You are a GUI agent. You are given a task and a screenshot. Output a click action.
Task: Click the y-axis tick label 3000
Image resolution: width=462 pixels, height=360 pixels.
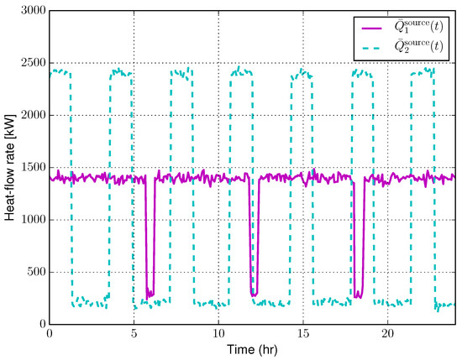tap(30, 11)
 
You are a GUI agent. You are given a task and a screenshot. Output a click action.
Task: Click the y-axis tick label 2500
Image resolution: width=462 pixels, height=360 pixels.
tap(30, 63)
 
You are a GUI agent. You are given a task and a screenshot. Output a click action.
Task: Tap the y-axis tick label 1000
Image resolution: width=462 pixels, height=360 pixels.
tap(30, 220)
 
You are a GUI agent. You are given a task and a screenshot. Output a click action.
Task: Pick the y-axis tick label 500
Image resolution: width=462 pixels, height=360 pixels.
tap(34, 272)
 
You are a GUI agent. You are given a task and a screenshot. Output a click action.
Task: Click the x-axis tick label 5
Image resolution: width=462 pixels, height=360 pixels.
tap(133, 334)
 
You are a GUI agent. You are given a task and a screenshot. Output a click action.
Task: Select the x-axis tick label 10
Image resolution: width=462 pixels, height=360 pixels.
tap(218, 334)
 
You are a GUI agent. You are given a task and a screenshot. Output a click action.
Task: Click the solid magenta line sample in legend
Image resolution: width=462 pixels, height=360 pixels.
tap(371, 29)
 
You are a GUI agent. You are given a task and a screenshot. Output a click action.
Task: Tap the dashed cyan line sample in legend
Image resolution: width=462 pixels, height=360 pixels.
tap(371, 48)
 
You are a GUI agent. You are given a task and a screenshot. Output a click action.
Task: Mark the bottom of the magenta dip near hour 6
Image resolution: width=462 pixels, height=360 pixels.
tap(150, 295)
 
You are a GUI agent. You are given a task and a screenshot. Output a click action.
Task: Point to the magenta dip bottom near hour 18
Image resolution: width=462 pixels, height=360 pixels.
tap(358, 295)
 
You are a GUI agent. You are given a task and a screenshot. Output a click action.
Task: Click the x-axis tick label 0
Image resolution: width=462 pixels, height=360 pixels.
tap(50, 334)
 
